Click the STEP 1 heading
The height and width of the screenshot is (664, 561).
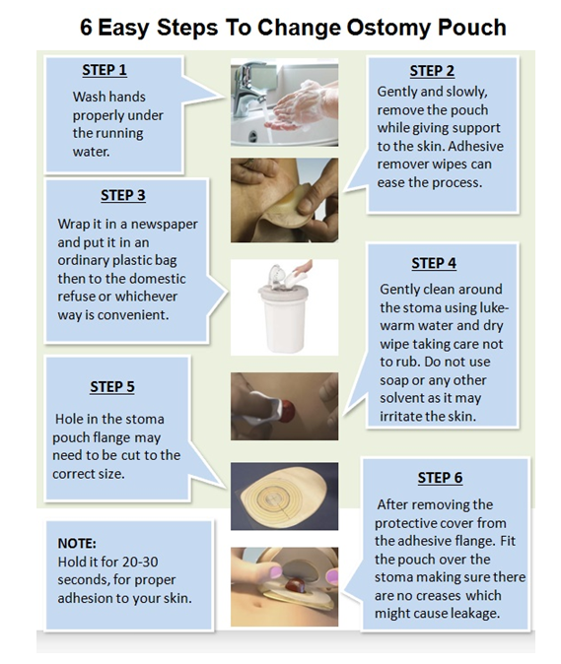point(105,70)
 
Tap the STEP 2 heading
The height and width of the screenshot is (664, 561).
point(432,71)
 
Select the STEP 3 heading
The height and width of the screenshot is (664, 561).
point(123,195)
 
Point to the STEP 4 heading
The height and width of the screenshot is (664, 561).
point(434,263)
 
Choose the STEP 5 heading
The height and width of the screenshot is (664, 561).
point(112,386)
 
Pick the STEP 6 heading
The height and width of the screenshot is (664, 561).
point(440,477)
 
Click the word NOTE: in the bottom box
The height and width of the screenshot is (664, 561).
point(77,543)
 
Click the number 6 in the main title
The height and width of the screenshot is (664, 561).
point(86,28)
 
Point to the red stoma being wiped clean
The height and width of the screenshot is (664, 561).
point(287,411)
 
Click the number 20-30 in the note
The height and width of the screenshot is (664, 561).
point(138,562)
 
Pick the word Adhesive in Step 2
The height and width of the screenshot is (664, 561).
point(476,146)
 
